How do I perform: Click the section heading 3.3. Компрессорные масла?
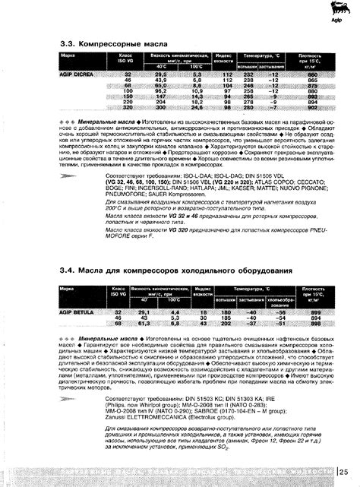[x=109, y=45]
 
